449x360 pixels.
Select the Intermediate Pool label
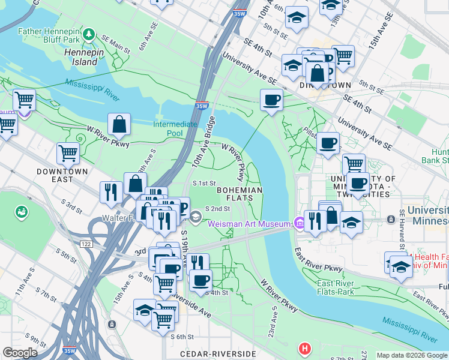(175, 128)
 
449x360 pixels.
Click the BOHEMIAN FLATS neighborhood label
(240, 194)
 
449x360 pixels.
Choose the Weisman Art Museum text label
(249, 224)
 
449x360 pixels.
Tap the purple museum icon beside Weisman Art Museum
(298, 224)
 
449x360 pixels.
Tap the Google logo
(20, 353)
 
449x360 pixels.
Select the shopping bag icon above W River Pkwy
(119, 124)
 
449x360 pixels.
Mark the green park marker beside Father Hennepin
(89, 32)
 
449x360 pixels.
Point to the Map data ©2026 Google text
(412, 355)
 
